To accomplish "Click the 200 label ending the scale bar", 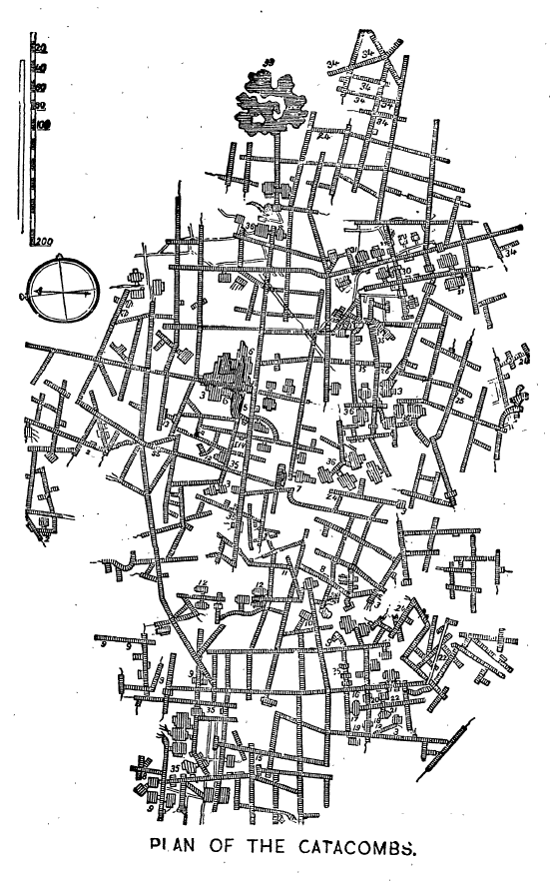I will [41, 241].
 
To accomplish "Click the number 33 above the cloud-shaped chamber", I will [268, 63].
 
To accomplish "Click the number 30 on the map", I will [406, 272].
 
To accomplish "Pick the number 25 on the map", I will [459, 400].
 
